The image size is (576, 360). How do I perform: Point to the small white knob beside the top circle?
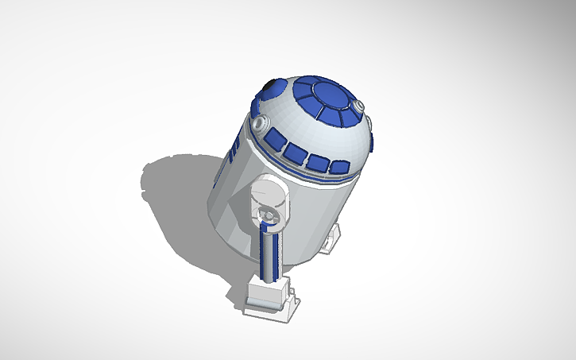(x=359, y=105)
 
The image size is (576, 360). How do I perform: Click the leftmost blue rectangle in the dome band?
(x=274, y=142)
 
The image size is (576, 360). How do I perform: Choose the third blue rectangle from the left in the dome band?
(x=319, y=162)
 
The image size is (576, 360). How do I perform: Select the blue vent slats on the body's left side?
(x=231, y=151)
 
